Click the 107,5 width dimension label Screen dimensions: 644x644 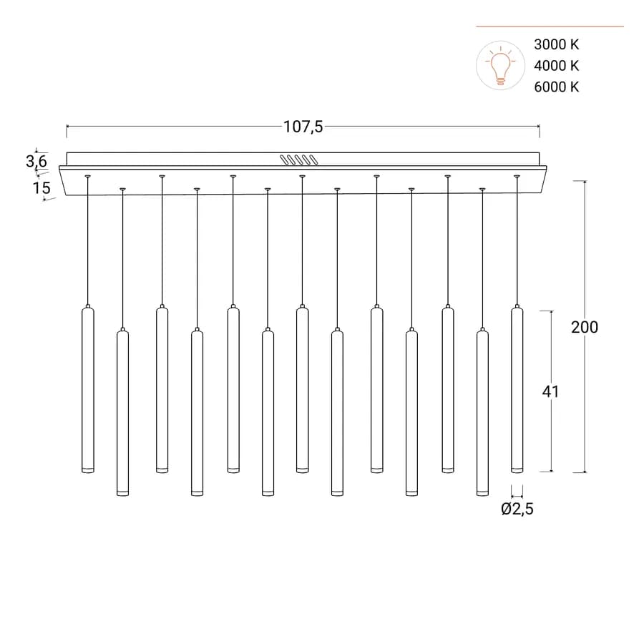(x=303, y=127)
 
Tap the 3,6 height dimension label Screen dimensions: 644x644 (x=36, y=161)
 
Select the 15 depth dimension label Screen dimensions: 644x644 (x=42, y=187)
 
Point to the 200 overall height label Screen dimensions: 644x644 (x=585, y=327)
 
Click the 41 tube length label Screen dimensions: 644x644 (x=550, y=392)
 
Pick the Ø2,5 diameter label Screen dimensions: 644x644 (x=517, y=509)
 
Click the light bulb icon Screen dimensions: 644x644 (x=500, y=65)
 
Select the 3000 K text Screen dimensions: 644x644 (x=556, y=44)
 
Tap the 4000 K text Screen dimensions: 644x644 (x=556, y=66)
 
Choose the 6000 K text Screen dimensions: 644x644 (x=556, y=87)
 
